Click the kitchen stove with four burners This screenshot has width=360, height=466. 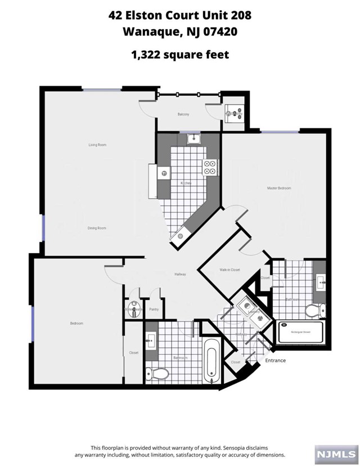point(209,167)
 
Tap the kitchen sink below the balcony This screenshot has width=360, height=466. point(192,138)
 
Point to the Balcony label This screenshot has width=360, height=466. point(183,114)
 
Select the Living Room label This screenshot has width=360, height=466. point(97,145)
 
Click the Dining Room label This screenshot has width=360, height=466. point(97,228)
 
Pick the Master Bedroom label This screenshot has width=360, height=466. point(279,188)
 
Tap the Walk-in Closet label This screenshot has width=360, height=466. point(229,270)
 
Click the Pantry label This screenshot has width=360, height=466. point(154,309)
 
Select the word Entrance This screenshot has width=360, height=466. point(276,360)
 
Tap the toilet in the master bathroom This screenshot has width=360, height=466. point(313,310)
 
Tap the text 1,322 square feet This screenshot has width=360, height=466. point(179,55)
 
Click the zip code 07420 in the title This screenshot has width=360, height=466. point(218,32)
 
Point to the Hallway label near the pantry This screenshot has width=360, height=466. point(180,274)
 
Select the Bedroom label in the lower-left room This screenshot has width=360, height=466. point(76,323)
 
